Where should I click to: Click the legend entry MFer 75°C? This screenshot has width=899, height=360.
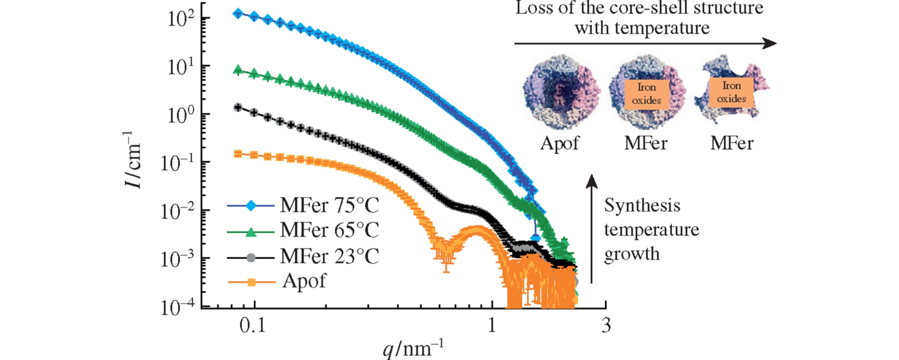coord(329,206)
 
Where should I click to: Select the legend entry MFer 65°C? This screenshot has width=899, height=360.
coord(329,230)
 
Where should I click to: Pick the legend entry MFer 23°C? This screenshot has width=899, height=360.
coord(329,256)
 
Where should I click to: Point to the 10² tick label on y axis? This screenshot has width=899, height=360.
coord(180,19)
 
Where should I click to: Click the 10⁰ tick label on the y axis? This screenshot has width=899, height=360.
coord(180,115)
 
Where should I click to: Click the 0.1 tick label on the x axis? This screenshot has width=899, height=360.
coord(253,325)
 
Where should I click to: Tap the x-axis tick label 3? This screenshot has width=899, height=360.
coord(606,325)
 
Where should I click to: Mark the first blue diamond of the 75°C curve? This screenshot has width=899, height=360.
coord(238,14)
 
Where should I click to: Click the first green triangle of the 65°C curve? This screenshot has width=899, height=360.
coord(238,70)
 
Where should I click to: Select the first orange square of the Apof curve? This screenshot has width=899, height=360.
coord(238,154)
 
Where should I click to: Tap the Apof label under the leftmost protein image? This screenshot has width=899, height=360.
coord(559,143)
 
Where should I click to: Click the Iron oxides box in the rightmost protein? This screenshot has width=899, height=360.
coord(731,92)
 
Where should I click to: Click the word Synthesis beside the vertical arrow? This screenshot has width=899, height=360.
coord(642,206)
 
